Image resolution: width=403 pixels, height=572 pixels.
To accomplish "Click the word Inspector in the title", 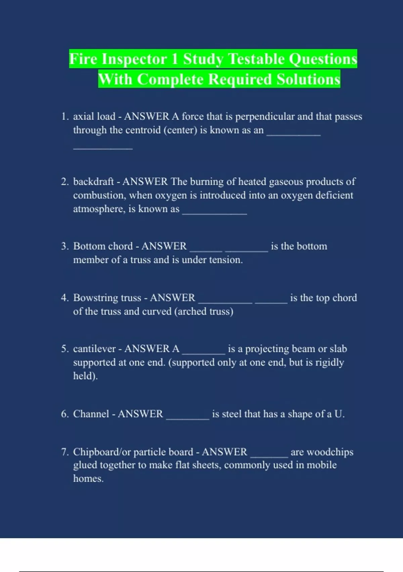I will (x=134, y=59).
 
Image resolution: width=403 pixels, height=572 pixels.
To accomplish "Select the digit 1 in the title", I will (x=174, y=59).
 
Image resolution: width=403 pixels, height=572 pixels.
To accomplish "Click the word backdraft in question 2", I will (x=93, y=182).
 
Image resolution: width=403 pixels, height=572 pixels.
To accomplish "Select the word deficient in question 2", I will (x=334, y=195).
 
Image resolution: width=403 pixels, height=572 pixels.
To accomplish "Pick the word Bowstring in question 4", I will (x=95, y=298).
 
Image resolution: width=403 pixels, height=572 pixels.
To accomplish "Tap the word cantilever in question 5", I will (x=94, y=349).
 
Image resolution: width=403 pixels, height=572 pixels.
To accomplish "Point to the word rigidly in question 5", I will (x=329, y=362).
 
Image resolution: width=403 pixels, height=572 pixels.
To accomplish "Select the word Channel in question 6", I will (x=91, y=414).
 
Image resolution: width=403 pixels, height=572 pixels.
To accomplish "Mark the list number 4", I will (x=64, y=298).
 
